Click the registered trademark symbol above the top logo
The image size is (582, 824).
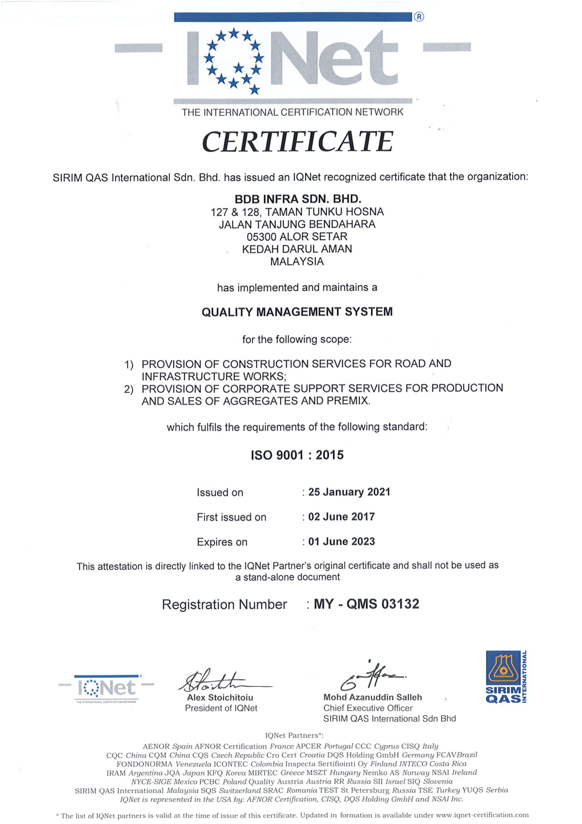click(419, 17)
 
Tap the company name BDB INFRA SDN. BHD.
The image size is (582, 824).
click(298, 199)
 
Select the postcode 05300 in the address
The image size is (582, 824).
click(261, 237)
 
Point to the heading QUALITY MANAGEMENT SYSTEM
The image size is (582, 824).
click(297, 311)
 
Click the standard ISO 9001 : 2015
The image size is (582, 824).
click(297, 455)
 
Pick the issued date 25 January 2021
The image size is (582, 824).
click(349, 492)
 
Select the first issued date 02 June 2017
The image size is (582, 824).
click(342, 516)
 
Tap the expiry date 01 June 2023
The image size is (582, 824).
click(342, 541)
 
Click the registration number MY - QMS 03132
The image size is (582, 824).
click(366, 604)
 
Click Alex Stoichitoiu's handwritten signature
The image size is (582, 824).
click(219, 682)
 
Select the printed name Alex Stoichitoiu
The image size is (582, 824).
click(220, 697)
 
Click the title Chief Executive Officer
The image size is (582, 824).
click(368, 708)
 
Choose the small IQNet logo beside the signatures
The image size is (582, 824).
click(106, 688)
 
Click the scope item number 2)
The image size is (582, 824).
click(129, 389)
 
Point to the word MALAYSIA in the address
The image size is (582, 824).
click(297, 261)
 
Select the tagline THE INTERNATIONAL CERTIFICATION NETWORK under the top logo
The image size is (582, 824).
click(292, 112)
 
